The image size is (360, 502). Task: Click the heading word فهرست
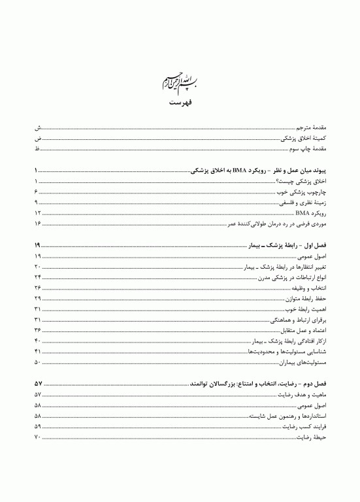[180, 103]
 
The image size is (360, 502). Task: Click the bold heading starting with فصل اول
[291, 246]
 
